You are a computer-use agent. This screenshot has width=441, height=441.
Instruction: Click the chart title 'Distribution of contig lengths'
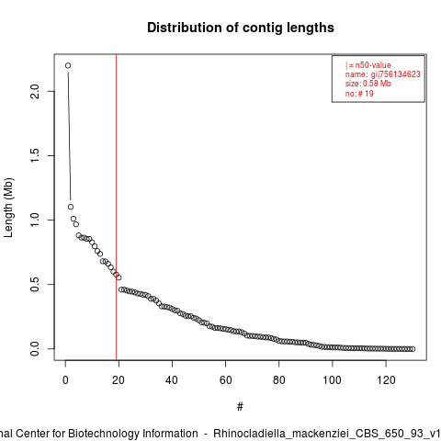coord(241,28)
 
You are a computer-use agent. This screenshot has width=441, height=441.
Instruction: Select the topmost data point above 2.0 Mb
coord(68,65)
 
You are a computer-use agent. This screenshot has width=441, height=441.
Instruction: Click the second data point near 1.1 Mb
coord(71,207)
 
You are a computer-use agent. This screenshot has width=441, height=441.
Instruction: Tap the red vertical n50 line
coord(116,207)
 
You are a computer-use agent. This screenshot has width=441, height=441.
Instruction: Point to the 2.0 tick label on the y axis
coord(35,91)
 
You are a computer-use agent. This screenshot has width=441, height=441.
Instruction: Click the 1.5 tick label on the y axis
coord(35,155)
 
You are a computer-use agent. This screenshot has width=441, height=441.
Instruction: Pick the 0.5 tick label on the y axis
coord(35,284)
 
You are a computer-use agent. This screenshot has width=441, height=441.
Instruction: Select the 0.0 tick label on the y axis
coord(35,348)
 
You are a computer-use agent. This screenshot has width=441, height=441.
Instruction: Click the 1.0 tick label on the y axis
coord(35,220)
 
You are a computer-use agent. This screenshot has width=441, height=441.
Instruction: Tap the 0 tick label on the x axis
coord(65,380)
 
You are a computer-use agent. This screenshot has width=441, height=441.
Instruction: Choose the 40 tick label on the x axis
coord(172,380)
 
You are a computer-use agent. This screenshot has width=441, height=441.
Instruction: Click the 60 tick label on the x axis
coord(225,380)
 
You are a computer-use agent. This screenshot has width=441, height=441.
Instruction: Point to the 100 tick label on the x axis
coord(333,380)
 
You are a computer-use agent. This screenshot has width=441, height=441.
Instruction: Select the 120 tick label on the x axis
coord(386,380)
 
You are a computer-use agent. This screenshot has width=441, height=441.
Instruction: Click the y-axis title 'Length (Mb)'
coord(8,208)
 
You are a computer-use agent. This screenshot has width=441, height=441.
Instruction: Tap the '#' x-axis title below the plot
coord(240,407)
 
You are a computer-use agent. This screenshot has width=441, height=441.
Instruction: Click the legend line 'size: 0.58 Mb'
coord(368,84)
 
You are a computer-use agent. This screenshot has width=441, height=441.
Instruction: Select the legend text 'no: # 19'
coord(359,93)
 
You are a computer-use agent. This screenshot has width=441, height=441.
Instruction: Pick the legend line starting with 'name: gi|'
coord(383,74)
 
